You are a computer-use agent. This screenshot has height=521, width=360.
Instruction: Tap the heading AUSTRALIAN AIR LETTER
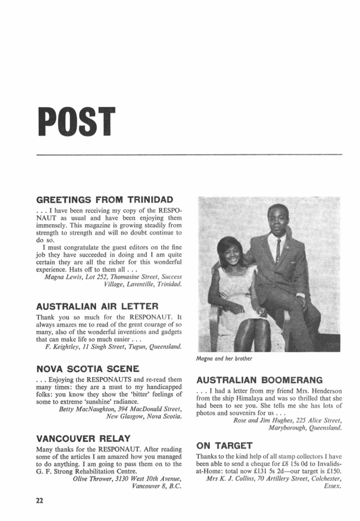click(x=97, y=305)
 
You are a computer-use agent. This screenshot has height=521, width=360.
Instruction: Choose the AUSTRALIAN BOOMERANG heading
click(x=259, y=380)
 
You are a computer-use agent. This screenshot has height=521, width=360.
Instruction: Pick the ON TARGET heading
click(x=224, y=445)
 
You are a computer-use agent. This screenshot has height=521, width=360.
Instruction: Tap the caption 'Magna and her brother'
click(x=223, y=359)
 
